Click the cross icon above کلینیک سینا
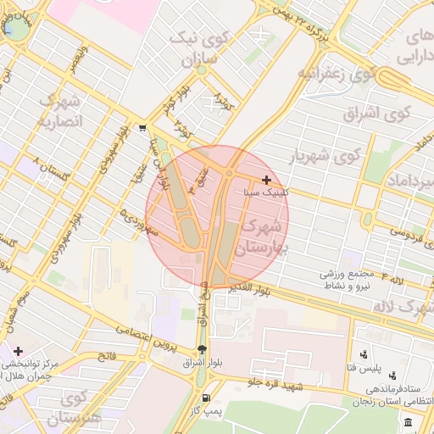coord(267,180)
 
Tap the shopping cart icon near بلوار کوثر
coord(142,129)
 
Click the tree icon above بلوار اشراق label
coord(201,349)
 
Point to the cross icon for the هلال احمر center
coord(18,350)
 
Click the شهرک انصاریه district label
coord(58,110)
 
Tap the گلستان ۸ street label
coord(47,168)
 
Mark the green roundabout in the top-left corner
coord(15,29)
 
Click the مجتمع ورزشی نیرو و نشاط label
coord(353,280)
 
